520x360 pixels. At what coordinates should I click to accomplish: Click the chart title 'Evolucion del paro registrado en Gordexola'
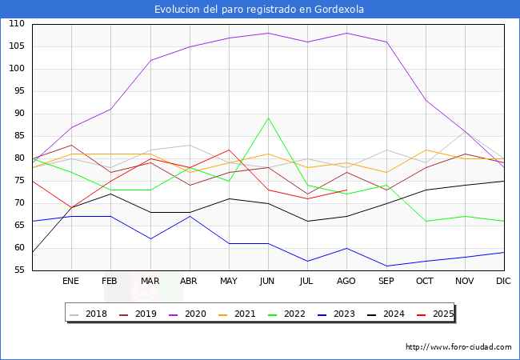point(260,10)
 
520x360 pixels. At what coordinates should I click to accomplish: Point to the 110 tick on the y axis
point(17,24)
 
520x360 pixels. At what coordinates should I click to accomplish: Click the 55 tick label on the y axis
point(17,270)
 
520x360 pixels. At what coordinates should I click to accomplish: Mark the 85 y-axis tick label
point(17,136)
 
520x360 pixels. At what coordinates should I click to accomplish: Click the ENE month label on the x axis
point(71,282)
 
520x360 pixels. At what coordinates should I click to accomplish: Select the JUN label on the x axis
point(267,282)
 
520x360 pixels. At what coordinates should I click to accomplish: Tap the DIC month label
point(503,282)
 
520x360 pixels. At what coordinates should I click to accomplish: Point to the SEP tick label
point(386,282)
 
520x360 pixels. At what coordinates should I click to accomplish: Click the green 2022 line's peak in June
point(268,118)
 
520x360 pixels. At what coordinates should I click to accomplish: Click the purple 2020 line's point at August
point(346,33)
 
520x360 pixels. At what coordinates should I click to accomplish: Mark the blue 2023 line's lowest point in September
point(386,266)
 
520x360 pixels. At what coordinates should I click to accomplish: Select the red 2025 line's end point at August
point(346,190)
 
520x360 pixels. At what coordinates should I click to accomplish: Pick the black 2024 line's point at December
point(503,181)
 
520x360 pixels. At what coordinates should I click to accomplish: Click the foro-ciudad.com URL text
point(458,347)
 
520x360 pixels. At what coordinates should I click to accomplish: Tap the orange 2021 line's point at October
point(425,150)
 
